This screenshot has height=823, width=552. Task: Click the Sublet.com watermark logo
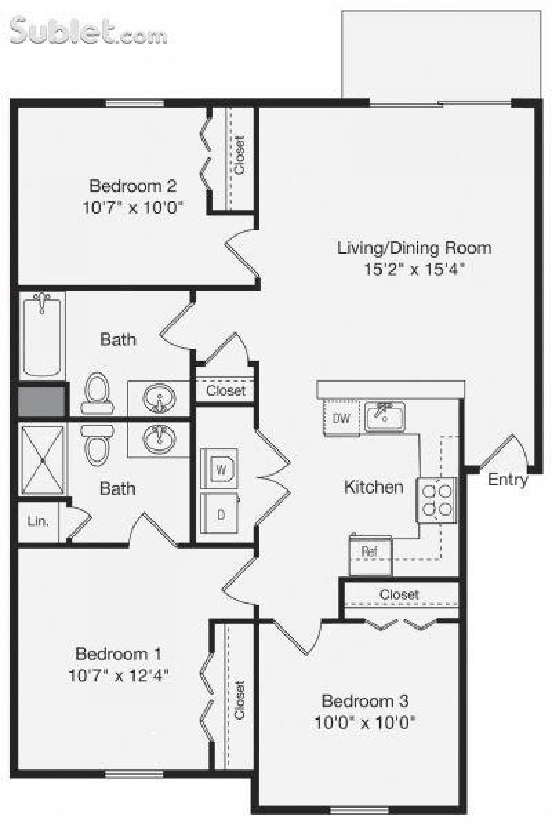click(87, 31)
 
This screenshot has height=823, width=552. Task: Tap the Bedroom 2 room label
click(132, 186)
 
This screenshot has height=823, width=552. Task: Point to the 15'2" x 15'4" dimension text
click(414, 269)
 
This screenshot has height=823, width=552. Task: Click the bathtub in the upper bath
click(42, 335)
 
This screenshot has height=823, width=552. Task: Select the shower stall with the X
click(42, 460)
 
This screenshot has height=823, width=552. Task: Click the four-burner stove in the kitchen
click(437, 500)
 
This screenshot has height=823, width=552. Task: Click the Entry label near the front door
click(507, 479)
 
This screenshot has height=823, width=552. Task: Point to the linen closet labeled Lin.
click(38, 521)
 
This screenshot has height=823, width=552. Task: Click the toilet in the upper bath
click(97, 394)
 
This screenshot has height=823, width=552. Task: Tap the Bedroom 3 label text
click(364, 701)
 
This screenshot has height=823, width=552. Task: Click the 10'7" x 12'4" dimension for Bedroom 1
click(118, 675)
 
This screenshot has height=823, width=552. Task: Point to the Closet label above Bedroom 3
click(399, 595)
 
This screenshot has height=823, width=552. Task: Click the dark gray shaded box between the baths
click(41, 402)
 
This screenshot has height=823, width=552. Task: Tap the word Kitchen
click(374, 487)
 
